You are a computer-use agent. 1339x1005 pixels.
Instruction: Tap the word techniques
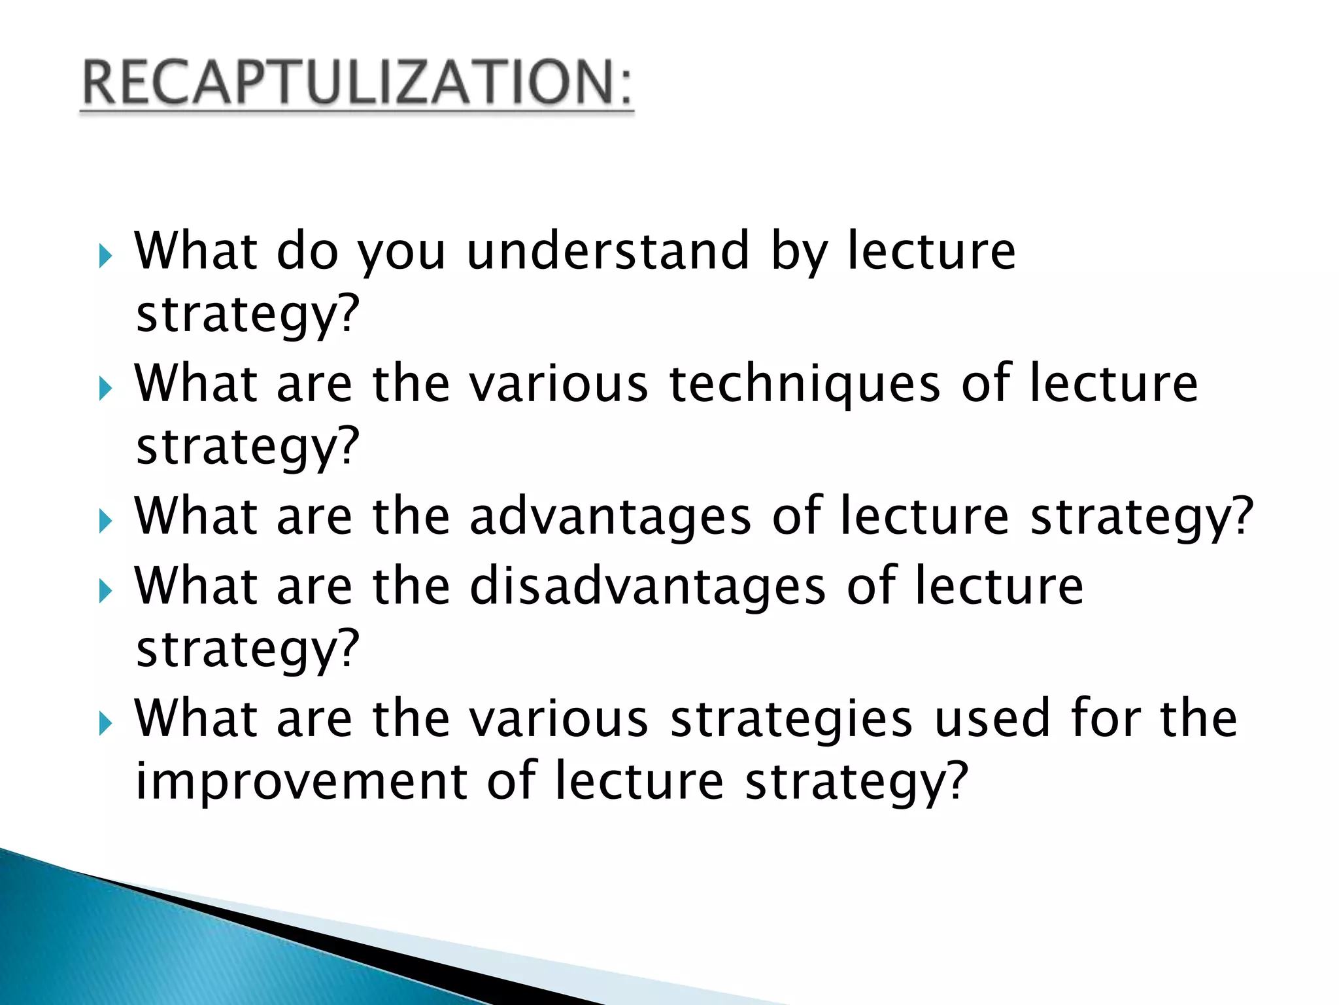pyautogui.click(x=804, y=384)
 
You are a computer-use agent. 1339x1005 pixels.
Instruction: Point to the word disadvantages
pyautogui.click(x=647, y=586)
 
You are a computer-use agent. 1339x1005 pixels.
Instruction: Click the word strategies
pyautogui.click(x=791, y=719)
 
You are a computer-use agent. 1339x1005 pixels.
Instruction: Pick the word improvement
pyautogui.click(x=301, y=781)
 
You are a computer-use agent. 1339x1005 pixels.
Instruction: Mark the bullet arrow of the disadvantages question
pyautogui.click(x=105, y=591)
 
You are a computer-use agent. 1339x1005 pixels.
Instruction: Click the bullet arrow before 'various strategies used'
pyautogui.click(x=105, y=724)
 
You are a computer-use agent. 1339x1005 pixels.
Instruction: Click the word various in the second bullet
pyautogui.click(x=559, y=384)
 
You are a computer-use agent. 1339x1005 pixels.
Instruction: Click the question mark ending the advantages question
pyautogui.click(x=1240, y=517)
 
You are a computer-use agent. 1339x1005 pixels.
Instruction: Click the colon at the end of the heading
pyautogui.click(x=626, y=87)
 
